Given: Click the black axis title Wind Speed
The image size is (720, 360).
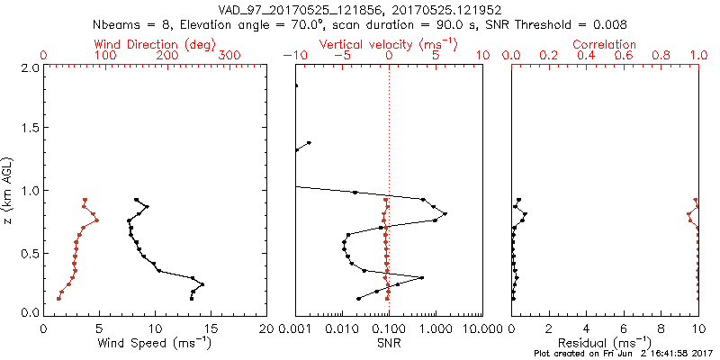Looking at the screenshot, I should coord(154,342).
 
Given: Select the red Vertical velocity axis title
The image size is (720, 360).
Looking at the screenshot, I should coord(388,43).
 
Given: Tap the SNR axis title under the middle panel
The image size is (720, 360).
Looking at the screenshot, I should coord(389,342).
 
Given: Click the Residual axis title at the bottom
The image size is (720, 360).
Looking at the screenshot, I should coord(605,342).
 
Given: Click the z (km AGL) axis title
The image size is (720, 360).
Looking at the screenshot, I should coord(9,189).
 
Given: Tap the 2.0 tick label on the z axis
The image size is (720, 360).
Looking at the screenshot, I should coord(31,67).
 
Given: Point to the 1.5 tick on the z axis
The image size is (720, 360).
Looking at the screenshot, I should coord(31,129).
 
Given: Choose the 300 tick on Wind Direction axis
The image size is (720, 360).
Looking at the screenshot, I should coord(229,56).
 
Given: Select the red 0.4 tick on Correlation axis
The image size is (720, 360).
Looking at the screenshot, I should coord(587,56).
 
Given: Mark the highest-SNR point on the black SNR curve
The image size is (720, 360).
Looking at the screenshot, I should coord(445,213).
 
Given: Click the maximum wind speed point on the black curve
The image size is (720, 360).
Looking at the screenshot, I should coord(202,284).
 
